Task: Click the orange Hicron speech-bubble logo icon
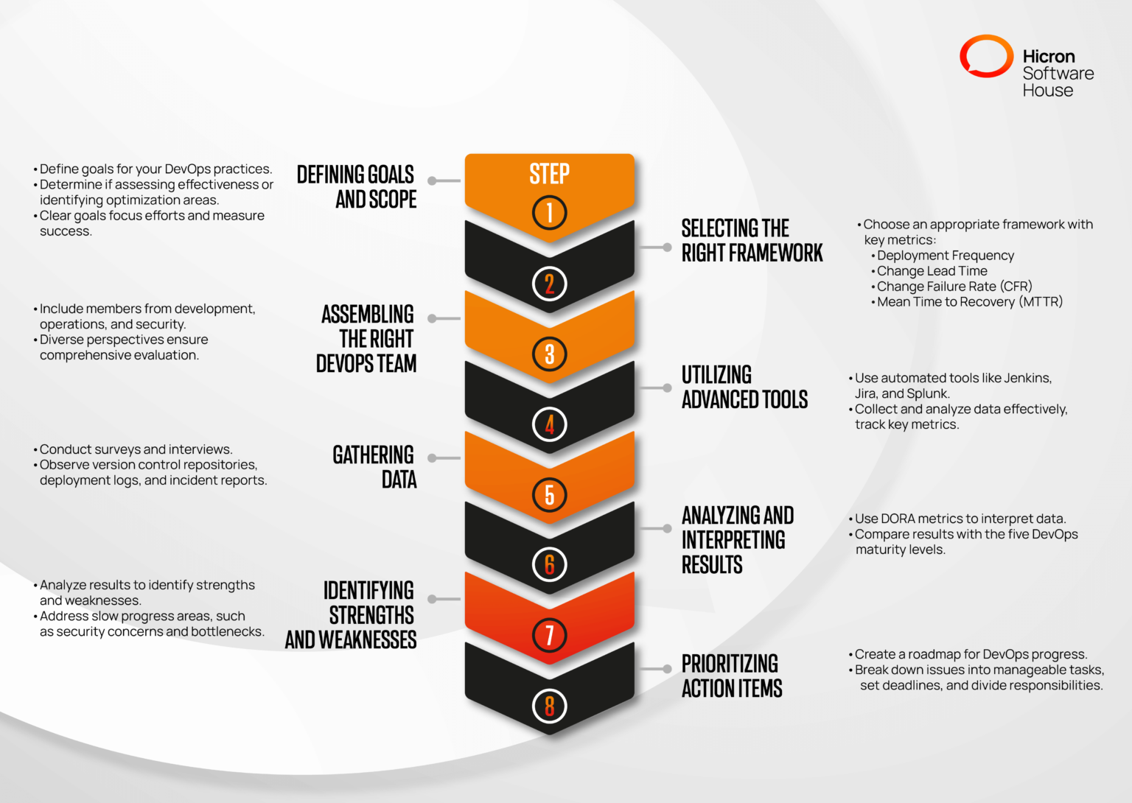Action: pos(986,57)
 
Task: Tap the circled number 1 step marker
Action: pos(549,213)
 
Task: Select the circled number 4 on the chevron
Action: pos(549,424)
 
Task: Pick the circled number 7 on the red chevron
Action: pos(549,635)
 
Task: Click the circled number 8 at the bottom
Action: pos(549,706)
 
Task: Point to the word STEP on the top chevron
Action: pos(549,174)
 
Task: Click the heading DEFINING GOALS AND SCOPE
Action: pos(357,186)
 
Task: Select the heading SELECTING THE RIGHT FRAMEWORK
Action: pos(751,240)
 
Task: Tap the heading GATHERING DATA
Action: pos(374,466)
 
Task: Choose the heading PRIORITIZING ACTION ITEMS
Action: pos(731,676)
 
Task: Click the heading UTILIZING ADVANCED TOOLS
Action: pos(744,387)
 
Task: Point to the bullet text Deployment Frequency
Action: pos(945,256)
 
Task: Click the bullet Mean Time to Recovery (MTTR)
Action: pos(969,302)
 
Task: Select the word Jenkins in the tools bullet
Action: pos(1027,378)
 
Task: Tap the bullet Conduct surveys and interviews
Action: pos(136,449)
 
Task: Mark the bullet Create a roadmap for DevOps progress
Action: pos(971,654)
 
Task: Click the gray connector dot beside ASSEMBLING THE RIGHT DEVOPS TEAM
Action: pos(433,319)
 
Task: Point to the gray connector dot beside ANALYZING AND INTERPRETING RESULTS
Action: pos(667,528)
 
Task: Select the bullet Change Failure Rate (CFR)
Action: pos(954,287)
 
